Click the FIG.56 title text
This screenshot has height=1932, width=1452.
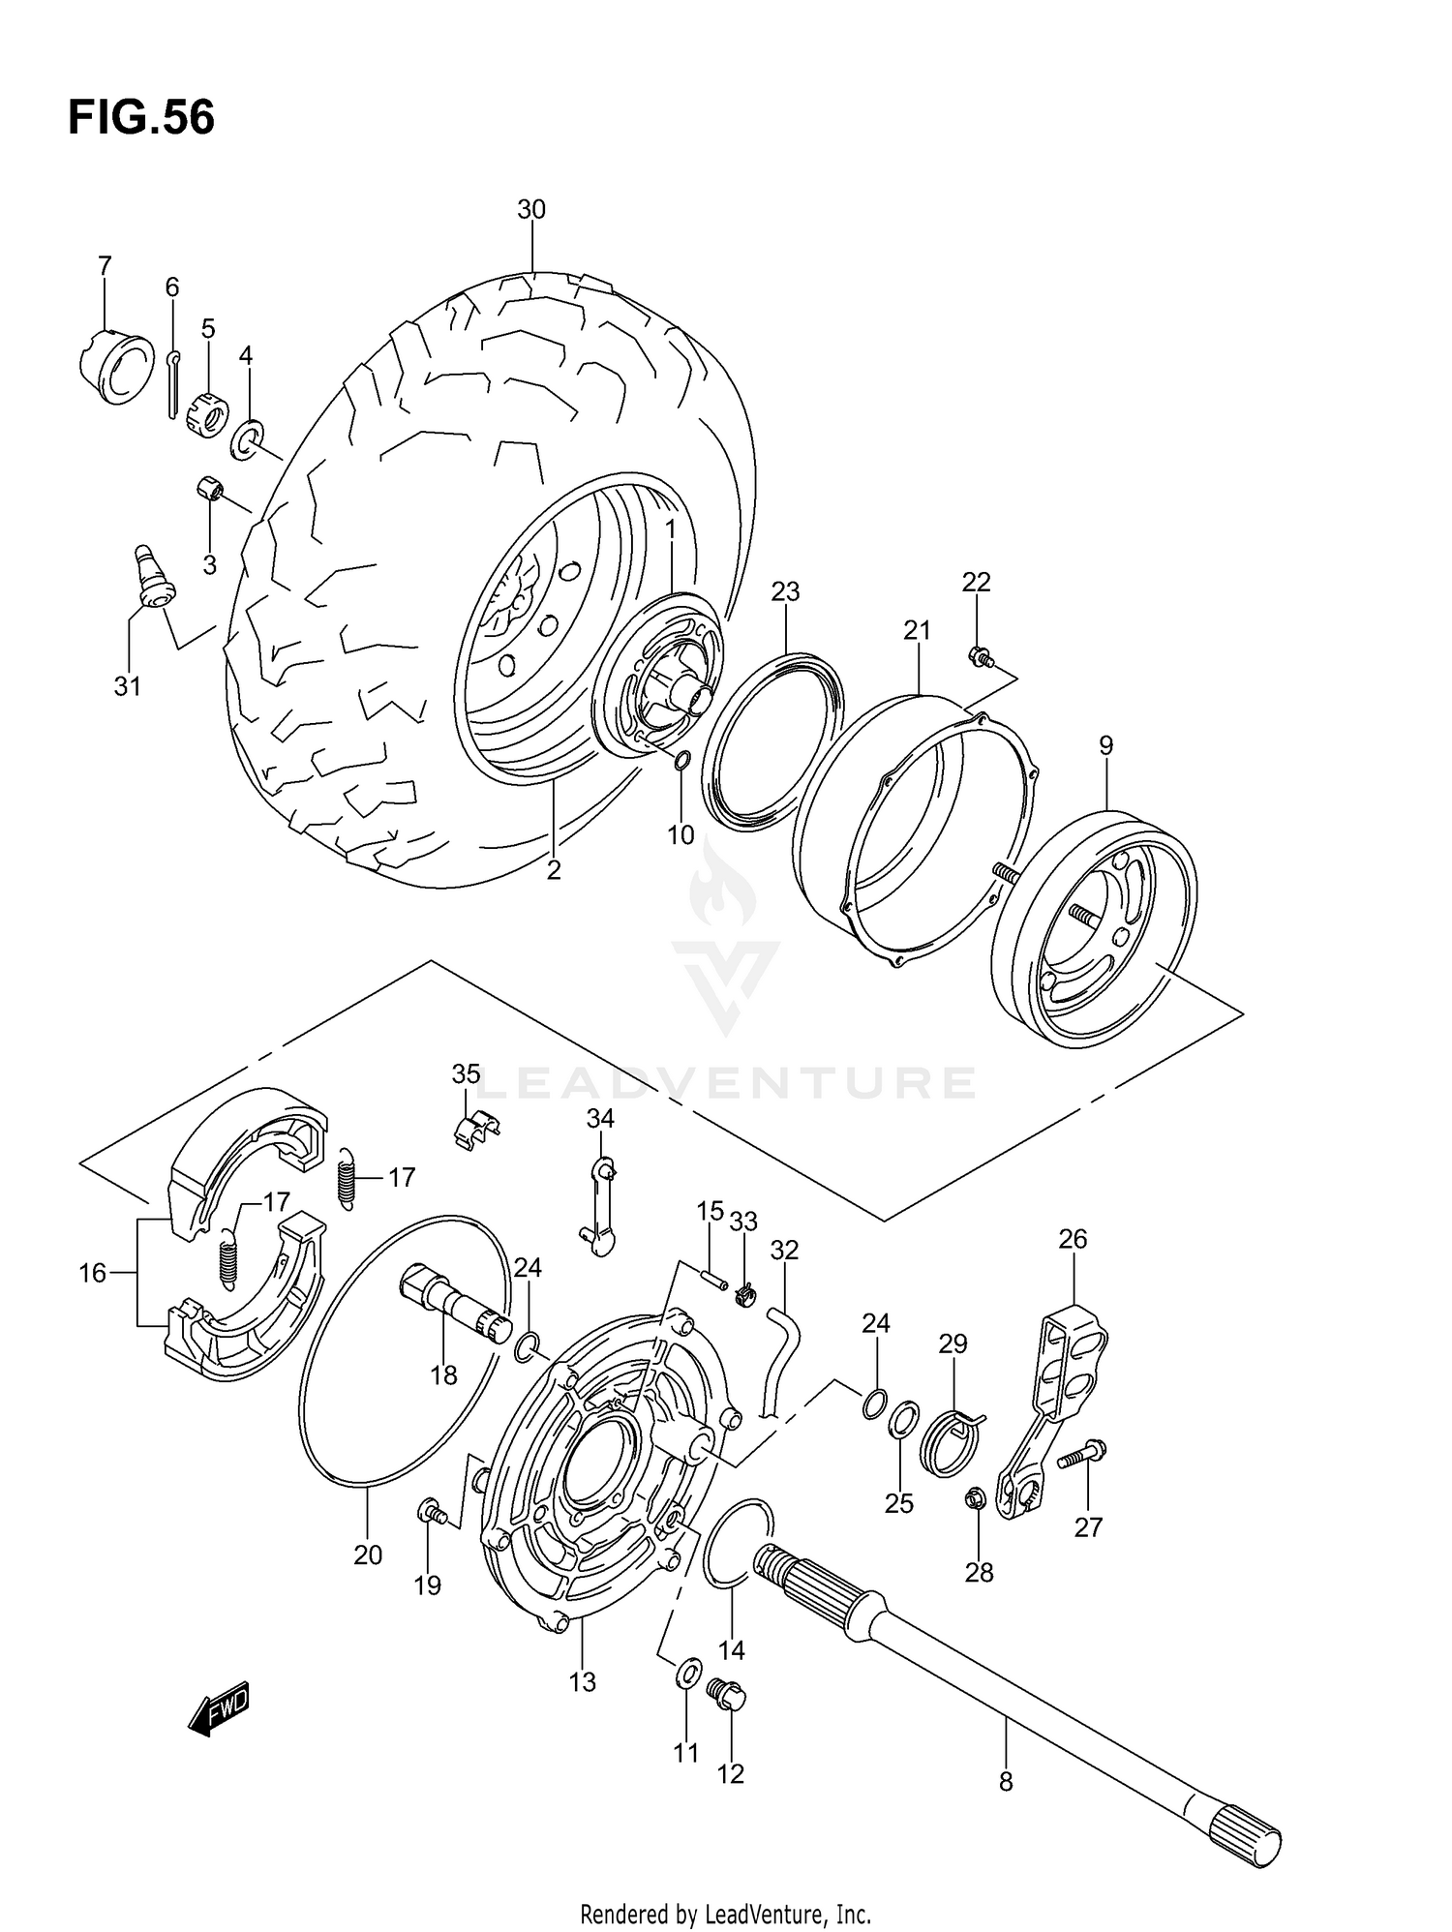click(x=141, y=118)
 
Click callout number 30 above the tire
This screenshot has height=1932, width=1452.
click(x=531, y=209)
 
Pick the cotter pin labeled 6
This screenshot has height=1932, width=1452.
click(x=171, y=386)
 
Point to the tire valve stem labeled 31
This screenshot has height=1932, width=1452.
click(x=151, y=578)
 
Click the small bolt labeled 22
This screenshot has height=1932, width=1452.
click(x=980, y=657)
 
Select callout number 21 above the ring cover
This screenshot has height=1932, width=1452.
click(x=917, y=630)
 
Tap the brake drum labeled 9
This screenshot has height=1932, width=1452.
click(x=1095, y=930)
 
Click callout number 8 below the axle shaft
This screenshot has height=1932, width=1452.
click(x=1006, y=1780)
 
